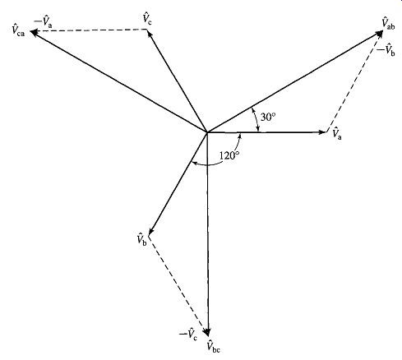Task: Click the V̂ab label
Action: (388, 23)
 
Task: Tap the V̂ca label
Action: (18, 30)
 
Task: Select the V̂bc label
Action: (214, 346)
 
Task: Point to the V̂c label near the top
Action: (147, 19)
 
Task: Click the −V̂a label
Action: (43, 21)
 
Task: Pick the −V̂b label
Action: (386, 50)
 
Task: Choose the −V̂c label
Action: (188, 335)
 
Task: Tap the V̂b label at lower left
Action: (142, 239)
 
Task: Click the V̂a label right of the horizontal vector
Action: (337, 133)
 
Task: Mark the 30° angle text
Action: (268, 117)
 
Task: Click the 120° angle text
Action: (229, 155)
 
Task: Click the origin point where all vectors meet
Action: (207, 132)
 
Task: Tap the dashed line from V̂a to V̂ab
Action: (353, 84)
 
